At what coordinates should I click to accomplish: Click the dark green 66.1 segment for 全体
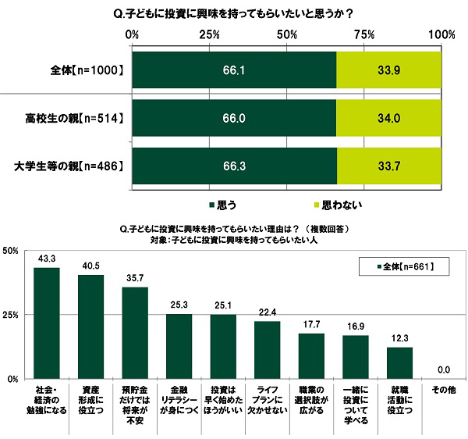coord(234,71)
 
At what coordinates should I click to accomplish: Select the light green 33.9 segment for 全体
coord(388,71)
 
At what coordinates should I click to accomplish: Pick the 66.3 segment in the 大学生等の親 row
coord(234,165)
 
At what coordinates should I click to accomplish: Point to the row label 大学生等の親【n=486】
coord(69,165)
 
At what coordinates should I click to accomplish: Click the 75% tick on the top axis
coord(364,34)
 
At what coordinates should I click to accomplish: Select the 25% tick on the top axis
coord(208,34)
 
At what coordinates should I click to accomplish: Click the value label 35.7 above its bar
coord(135,277)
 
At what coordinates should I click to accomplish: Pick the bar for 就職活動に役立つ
coord(401,362)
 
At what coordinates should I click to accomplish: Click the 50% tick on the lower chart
coord(11,251)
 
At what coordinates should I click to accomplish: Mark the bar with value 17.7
coord(312,355)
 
